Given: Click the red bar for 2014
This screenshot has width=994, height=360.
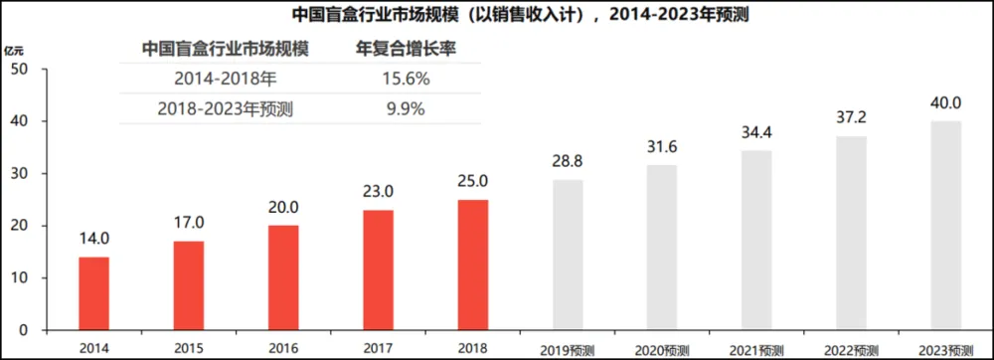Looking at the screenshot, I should (x=93, y=293).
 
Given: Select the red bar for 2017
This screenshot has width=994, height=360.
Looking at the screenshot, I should (x=378, y=270).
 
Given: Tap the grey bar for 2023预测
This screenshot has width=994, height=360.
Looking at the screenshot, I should (x=946, y=226).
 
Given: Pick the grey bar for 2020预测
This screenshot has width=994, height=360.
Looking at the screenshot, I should (x=662, y=248).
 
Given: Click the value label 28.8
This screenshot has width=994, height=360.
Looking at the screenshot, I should (x=567, y=160).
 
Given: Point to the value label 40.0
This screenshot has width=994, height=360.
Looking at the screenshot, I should (x=945, y=102).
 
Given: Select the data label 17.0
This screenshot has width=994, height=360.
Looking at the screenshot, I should (x=188, y=223).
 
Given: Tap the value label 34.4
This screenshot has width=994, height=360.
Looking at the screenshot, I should (x=756, y=131).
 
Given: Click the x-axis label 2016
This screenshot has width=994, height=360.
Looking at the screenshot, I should (x=283, y=348).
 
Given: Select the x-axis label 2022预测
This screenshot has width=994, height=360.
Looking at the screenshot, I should (x=851, y=350).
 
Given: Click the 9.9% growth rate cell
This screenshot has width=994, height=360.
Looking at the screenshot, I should (x=406, y=108).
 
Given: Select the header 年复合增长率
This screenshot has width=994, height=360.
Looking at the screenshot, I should (x=406, y=48).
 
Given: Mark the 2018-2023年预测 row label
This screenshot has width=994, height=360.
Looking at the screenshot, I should (x=225, y=108).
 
